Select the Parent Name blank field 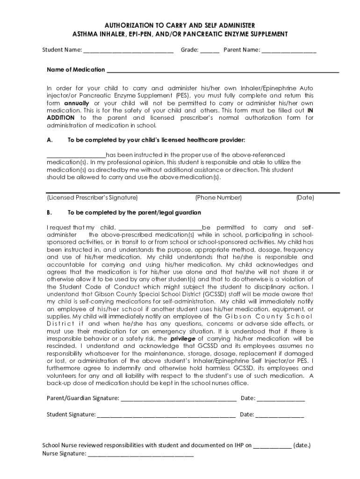(289, 51)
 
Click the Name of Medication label (76, 70)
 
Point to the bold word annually (76, 103)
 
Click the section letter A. (50, 140)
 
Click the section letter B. (50, 212)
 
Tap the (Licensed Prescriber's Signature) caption (93, 198)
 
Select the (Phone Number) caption (218, 198)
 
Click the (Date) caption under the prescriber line (305, 198)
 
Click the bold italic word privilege (183, 338)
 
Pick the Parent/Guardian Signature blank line (178, 399)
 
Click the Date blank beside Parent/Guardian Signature (281, 399)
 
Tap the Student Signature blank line (166, 415)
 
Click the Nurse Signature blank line (141, 454)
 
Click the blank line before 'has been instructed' (76, 155)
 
